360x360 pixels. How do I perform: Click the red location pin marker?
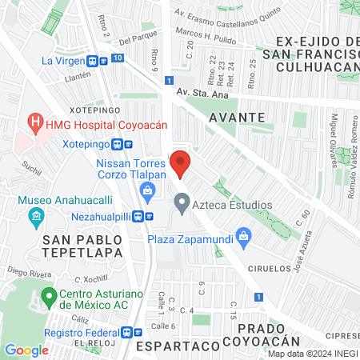point(181,162)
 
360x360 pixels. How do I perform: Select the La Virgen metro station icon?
point(94,60)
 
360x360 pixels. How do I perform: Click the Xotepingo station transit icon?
point(118,145)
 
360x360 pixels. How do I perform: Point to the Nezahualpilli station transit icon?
point(139,215)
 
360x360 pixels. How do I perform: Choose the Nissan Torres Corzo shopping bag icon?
point(147,190)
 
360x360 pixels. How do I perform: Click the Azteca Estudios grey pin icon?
point(182,206)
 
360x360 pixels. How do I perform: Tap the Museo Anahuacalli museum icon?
point(35,216)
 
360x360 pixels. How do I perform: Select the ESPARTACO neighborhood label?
point(178,346)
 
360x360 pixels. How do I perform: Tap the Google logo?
point(27,350)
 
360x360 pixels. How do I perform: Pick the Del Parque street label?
point(135,39)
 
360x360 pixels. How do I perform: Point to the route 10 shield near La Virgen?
point(118,58)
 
